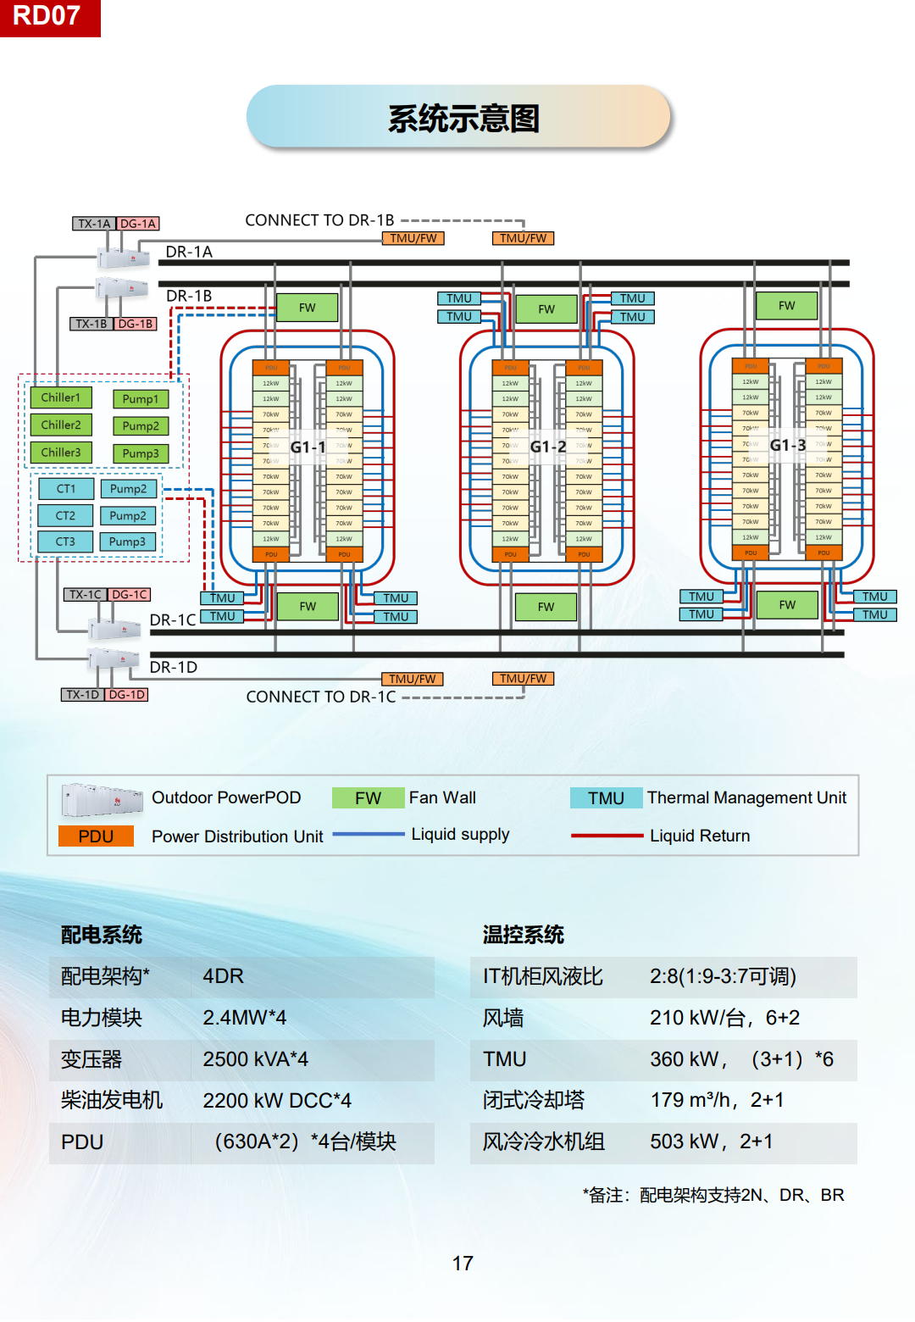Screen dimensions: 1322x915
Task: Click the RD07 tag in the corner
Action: point(48,17)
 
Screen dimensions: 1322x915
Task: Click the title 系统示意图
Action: point(463,119)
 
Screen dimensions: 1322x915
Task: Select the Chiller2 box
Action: point(61,425)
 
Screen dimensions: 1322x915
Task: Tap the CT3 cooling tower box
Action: point(65,542)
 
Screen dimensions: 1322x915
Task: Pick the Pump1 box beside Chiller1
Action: point(141,399)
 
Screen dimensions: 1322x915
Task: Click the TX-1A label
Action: point(93,224)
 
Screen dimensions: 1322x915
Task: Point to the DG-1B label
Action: point(136,324)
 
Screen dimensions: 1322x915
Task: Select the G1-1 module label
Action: point(308,447)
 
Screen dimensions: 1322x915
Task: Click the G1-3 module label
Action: point(787,445)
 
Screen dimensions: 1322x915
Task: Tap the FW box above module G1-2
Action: point(546,309)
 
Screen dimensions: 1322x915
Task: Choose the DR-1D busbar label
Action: point(174,668)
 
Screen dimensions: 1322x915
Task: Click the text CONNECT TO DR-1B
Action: point(319,220)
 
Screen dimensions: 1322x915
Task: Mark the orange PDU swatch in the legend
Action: point(96,836)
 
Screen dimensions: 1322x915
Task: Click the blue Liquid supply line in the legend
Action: point(369,835)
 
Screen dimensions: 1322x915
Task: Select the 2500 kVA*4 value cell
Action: point(255,1059)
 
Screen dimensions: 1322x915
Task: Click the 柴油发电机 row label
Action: point(112,1100)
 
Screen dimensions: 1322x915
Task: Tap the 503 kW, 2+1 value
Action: point(711,1141)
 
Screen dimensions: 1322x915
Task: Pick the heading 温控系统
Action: point(523,935)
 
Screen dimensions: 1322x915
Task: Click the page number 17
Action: point(463,1264)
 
